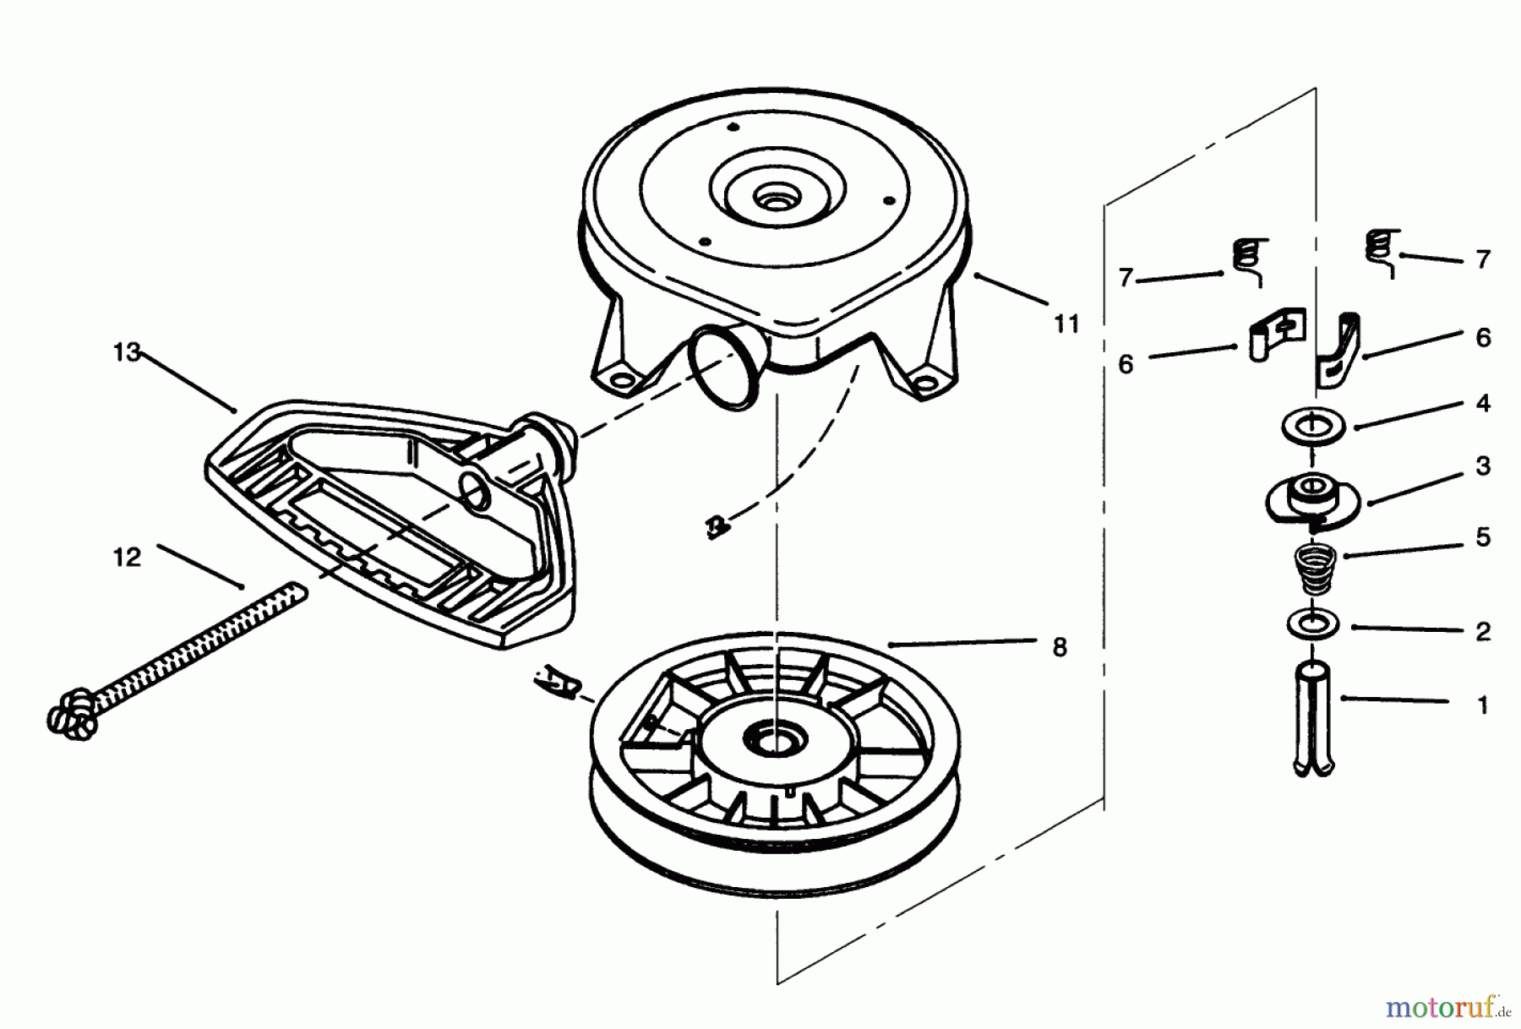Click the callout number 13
coord(127,352)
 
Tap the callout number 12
coord(127,558)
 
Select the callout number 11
coord(1066,324)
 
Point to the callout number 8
coord(1060,647)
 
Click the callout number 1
coord(1482,705)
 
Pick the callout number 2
coord(1482,631)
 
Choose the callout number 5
coord(1482,537)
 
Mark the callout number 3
coord(1482,465)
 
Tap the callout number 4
coord(1482,403)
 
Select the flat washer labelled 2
coord(1312,626)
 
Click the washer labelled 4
coord(1312,425)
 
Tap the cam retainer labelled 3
coord(1311,499)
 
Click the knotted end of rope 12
coord(72,715)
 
